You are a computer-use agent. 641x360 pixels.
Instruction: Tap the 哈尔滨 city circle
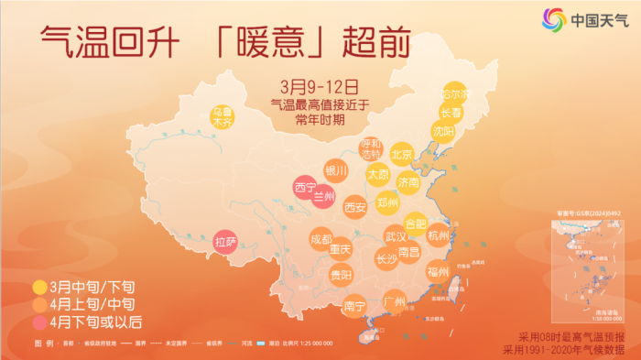[x=454, y=95]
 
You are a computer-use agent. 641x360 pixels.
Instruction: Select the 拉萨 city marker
[x=225, y=242]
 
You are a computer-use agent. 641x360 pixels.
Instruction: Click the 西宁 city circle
[x=305, y=188]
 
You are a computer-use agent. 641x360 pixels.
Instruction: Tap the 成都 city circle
[x=321, y=239]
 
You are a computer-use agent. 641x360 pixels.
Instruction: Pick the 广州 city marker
[x=395, y=301]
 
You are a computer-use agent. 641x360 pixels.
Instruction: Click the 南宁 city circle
[x=355, y=305]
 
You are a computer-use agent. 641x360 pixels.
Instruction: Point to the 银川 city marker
[x=336, y=170]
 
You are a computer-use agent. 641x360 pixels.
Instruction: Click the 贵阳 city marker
[x=342, y=274]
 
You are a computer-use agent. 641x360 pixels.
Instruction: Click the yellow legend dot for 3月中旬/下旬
[x=38, y=285]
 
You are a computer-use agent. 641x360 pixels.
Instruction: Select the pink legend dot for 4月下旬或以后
[x=38, y=322]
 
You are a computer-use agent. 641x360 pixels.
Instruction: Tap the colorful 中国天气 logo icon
[x=554, y=18]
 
